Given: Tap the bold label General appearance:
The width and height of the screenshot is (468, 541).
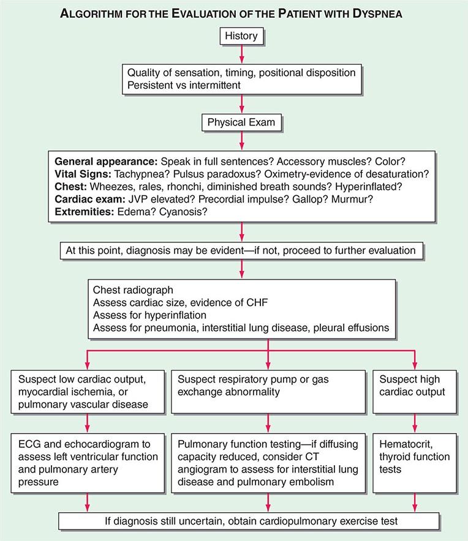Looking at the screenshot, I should point(106,162).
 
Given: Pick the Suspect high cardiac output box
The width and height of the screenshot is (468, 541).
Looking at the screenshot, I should point(415,385).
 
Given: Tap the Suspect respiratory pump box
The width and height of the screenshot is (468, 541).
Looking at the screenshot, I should point(268,385).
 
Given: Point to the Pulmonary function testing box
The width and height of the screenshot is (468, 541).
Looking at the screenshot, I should point(268,463).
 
